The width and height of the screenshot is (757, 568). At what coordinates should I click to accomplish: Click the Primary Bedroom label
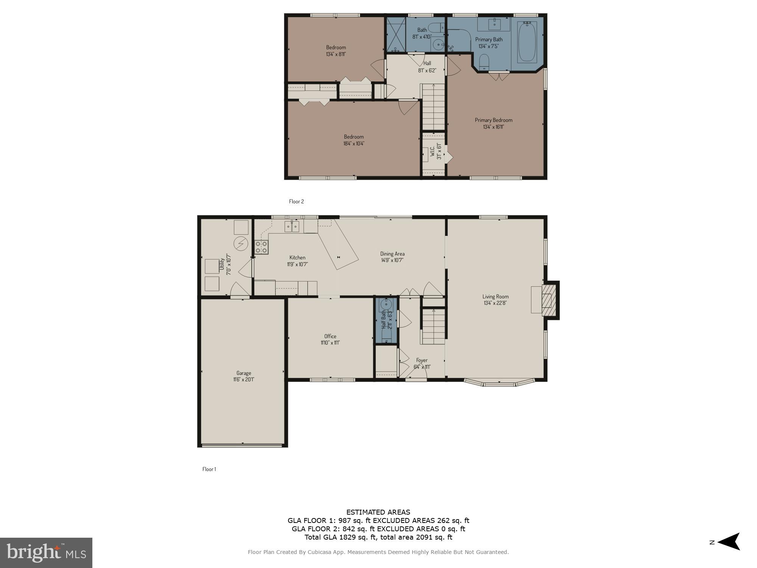point(493,120)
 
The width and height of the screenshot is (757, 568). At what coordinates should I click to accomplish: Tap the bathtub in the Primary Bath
point(527,42)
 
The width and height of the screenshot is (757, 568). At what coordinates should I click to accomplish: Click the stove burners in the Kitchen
point(261,247)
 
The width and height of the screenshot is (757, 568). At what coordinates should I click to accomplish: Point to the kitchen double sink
point(292,226)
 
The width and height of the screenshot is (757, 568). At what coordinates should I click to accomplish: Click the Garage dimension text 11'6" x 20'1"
point(243,379)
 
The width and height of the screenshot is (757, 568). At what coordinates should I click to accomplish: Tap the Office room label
point(330,336)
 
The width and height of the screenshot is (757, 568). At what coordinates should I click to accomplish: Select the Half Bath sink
point(386,304)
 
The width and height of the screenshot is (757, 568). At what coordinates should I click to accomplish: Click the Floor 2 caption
point(296,201)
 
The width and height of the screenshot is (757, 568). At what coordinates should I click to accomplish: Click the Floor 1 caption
point(209,469)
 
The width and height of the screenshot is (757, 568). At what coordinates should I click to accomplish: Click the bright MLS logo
point(46,552)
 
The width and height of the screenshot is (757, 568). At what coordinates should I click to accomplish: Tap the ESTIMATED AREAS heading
point(378,512)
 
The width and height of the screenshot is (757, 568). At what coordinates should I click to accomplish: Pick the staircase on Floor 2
point(433,107)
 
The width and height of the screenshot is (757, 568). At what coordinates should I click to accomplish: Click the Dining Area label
point(392,254)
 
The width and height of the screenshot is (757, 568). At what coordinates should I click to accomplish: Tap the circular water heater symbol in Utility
point(241,243)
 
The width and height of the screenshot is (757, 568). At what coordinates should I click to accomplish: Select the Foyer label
point(422,360)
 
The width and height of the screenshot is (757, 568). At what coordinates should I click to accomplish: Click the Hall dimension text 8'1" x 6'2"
point(427,70)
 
